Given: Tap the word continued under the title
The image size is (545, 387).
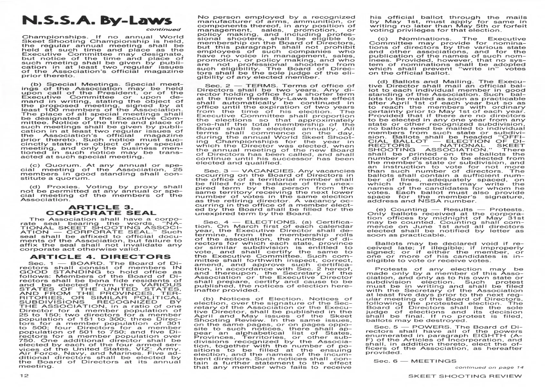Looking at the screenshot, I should [163, 29].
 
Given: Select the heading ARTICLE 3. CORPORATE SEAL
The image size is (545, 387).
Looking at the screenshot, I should [101, 210].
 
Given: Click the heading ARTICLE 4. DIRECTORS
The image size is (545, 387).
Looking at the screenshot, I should [100, 257].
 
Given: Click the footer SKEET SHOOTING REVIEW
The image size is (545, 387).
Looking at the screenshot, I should [465, 376].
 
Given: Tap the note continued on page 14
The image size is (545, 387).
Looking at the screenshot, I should [489, 367].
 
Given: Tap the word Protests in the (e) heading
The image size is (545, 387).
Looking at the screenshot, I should [507, 209].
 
